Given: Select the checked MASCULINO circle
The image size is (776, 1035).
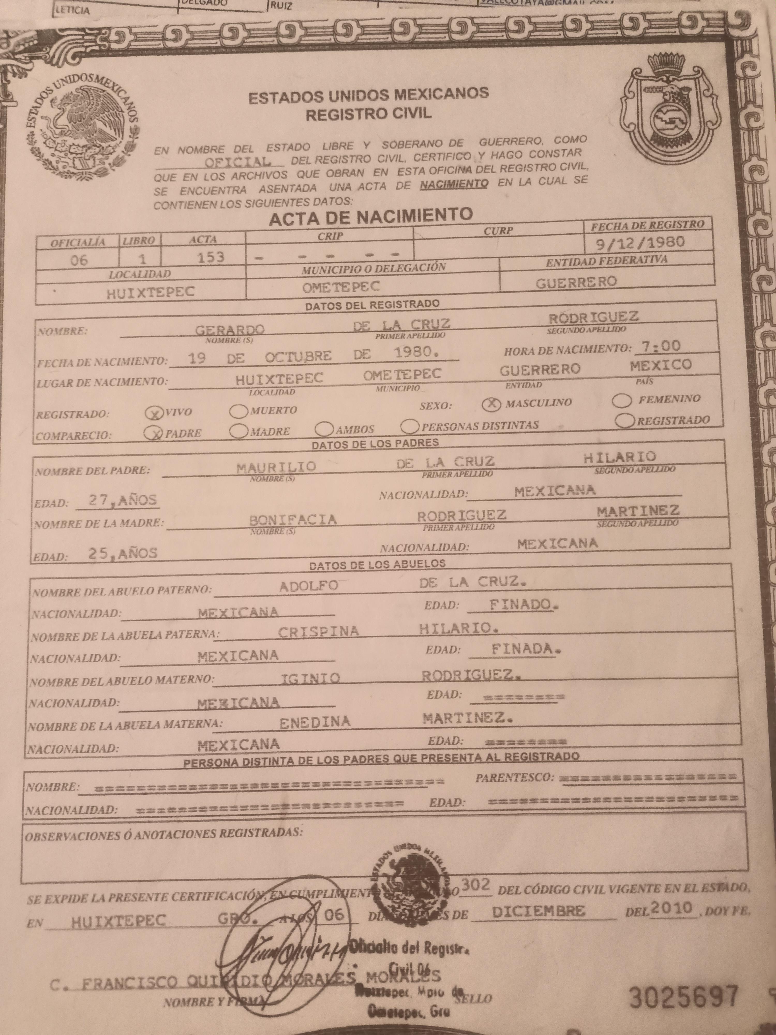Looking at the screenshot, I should click(491, 404).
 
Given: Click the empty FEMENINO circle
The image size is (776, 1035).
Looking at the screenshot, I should click(623, 401).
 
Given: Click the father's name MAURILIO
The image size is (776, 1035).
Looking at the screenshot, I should click(276, 467).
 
